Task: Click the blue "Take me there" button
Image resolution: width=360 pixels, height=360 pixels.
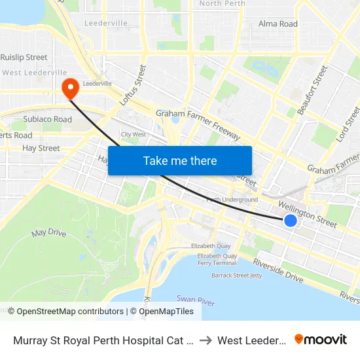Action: (180, 160)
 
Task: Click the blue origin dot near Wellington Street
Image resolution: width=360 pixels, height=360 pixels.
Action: (291, 221)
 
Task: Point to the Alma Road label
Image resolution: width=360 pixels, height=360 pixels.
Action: (278, 24)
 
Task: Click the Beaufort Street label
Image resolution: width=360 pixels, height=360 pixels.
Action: (312, 90)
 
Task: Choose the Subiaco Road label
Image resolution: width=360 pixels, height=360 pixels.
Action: (48, 120)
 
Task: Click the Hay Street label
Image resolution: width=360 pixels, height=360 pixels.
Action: (41, 149)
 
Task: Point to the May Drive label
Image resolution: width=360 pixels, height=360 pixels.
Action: (49, 233)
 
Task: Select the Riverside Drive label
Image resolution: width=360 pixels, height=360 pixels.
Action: (278, 270)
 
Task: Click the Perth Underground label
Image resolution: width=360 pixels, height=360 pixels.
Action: (232, 200)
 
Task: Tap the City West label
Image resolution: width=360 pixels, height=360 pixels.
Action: (134, 135)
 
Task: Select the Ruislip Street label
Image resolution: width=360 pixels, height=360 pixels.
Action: (24, 58)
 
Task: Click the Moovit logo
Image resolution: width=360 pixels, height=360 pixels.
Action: (321, 339)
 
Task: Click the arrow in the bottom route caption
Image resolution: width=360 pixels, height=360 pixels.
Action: (206, 340)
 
